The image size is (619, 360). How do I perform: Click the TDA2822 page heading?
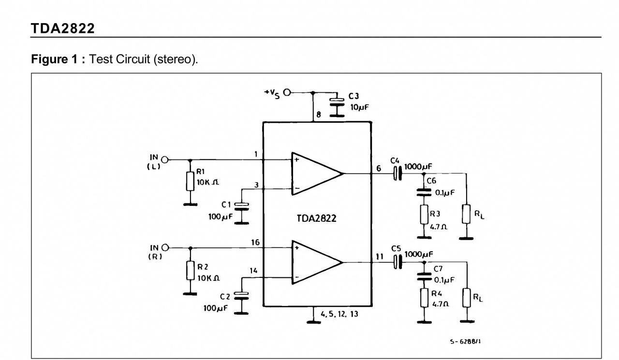click(63, 29)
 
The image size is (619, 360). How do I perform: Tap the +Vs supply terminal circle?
click(287, 92)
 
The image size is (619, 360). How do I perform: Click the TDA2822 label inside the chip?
click(317, 218)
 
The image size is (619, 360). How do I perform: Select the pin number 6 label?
click(378, 168)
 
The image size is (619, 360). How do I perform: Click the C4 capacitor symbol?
click(398, 173)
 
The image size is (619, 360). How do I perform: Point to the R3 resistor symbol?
click(424, 214)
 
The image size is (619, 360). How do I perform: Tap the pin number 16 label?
click(256, 242)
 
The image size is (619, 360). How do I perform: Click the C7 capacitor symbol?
click(424, 275)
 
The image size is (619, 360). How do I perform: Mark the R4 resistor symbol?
click(424, 298)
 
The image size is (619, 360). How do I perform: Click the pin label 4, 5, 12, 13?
click(339, 315)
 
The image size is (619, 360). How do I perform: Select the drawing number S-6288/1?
click(465, 341)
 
